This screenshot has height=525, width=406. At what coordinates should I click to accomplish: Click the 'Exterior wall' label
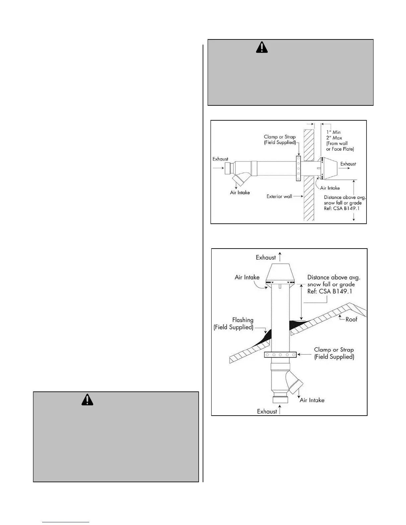(x=279, y=197)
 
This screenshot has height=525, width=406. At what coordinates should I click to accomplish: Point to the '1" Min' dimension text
(x=333, y=132)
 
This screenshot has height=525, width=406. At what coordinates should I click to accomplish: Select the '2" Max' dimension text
(x=334, y=138)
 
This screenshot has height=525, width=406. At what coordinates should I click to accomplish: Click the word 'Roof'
(x=352, y=320)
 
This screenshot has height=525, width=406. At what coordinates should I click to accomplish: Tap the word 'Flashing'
(x=243, y=320)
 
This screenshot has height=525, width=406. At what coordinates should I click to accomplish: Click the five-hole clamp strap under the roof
(x=280, y=355)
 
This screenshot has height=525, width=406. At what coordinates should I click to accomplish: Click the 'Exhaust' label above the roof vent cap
(x=266, y=258)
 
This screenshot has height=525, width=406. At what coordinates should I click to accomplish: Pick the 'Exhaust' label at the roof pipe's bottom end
(x=267, y=411)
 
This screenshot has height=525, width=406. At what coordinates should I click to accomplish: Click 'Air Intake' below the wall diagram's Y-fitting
(x=240, y=193)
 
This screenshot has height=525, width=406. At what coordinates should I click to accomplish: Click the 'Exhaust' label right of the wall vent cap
(x=348, y=164)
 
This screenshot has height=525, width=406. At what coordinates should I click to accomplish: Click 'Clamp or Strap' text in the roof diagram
(x=334, y=350)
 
